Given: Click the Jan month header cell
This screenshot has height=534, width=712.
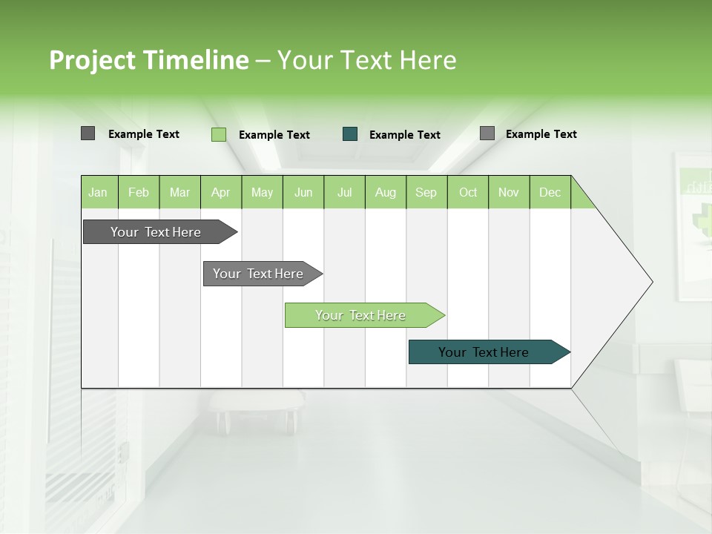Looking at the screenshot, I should (99, 192).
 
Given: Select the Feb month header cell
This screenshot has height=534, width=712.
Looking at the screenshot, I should (139, 192).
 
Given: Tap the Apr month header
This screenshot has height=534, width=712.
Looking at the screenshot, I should (221, 192).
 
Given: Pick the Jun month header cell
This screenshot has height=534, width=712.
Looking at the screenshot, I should (303, 192).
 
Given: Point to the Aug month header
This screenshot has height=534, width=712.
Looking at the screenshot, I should (386, 192).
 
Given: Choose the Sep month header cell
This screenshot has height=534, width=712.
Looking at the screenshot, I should (426, 192).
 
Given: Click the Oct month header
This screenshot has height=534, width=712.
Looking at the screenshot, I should (468, 192).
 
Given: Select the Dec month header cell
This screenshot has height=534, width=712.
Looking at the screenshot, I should (550, 192).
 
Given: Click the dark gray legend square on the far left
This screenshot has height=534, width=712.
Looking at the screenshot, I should (88, 133).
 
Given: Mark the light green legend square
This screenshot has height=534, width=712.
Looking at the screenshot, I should (219, 134).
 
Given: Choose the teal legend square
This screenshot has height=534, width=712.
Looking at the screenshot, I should (350, 134).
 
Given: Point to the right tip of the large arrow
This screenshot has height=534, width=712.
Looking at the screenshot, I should (651, 281).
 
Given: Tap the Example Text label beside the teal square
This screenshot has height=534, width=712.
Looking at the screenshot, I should (405, 135).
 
